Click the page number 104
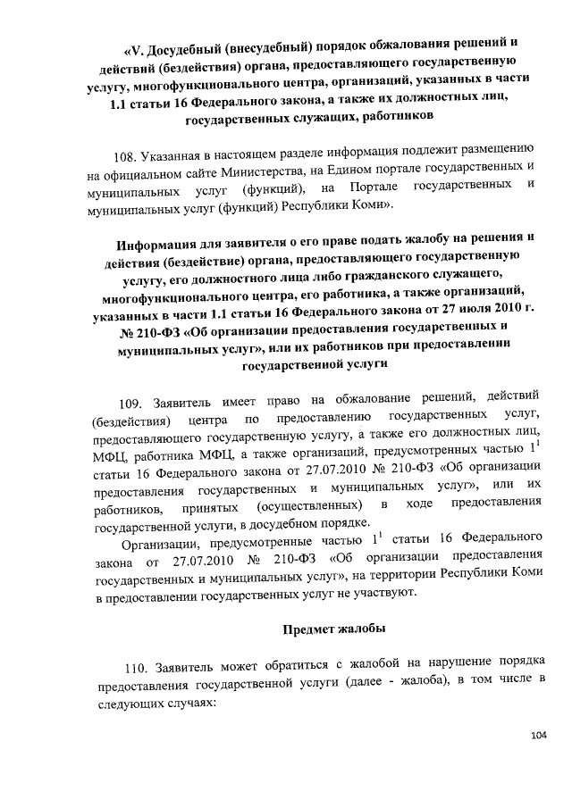coord(537,735)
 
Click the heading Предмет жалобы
coord(334,629)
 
